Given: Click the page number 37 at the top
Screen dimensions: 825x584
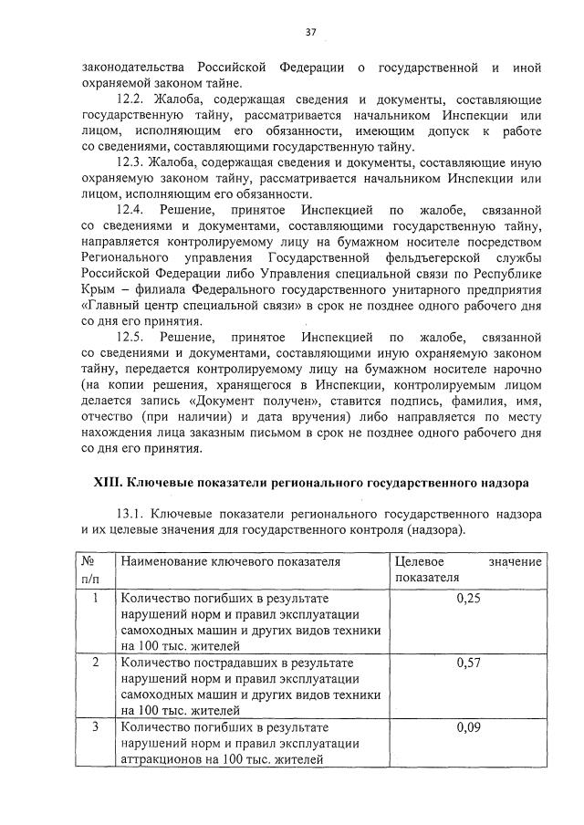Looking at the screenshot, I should point(310,32).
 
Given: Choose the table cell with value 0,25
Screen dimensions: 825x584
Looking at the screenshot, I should point(468,599).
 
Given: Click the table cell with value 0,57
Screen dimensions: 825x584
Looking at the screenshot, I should point(468,663).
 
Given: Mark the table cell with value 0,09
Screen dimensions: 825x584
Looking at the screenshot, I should point(468,727).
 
